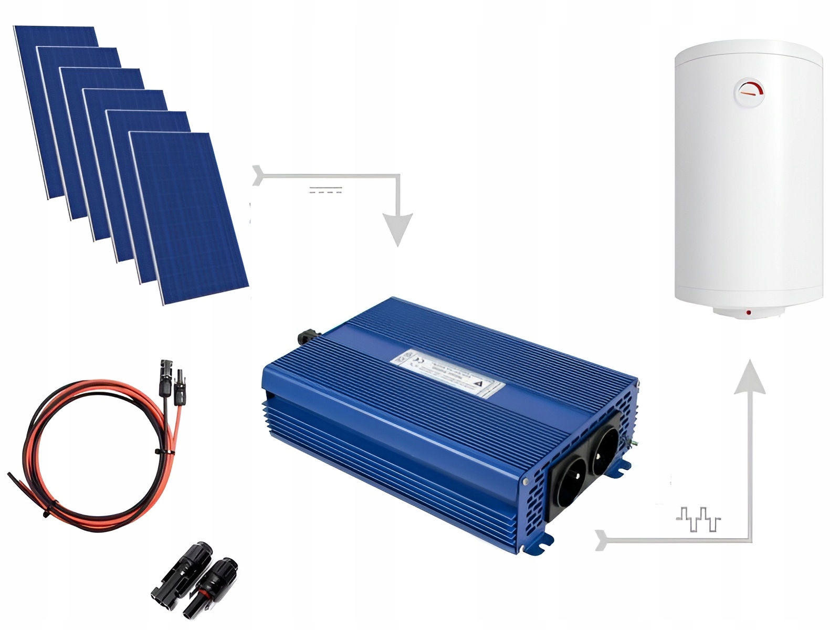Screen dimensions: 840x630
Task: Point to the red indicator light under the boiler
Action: [748, 313]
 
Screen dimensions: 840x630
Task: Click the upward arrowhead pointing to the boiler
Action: [750, 376]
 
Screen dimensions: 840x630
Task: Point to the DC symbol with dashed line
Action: [325, 190]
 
